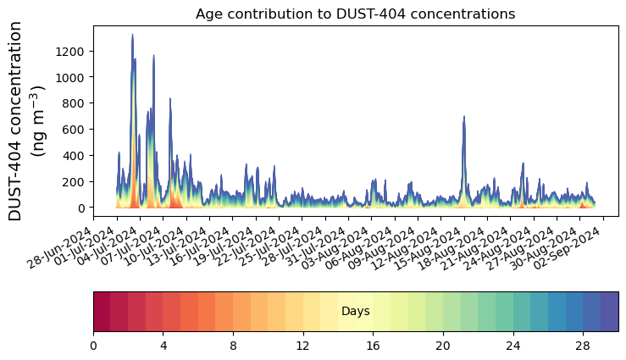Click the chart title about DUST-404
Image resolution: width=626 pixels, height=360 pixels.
click(x=355, y=14)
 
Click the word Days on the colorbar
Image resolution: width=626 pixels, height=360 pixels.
click(x=355, y=312)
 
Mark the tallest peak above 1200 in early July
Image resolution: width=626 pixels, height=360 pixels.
click(x=132, y=36)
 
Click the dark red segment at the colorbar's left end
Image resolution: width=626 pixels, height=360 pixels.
click(x=102, y=312)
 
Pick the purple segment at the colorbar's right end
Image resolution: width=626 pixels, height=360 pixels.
click(x=609, y=312)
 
